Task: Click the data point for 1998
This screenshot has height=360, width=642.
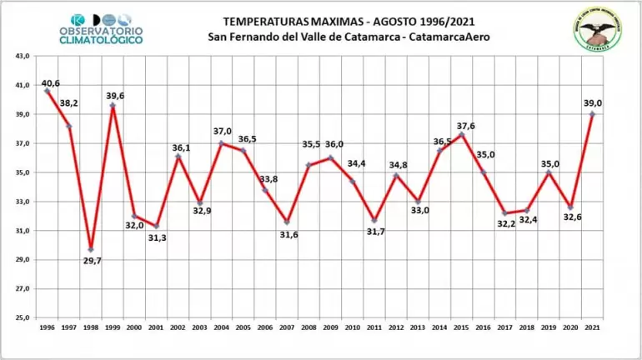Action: point(91,250)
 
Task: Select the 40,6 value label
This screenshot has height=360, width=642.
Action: point(50,82)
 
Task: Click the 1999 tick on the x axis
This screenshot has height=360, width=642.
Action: point(113,328)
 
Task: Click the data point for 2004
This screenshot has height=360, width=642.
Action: point(221,143)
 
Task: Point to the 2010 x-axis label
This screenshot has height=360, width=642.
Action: point(352,328)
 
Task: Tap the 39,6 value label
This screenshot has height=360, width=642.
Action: point(115,96)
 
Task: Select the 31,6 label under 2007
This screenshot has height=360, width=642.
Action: point(287,234)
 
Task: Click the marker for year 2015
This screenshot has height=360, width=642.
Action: point(462,134)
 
